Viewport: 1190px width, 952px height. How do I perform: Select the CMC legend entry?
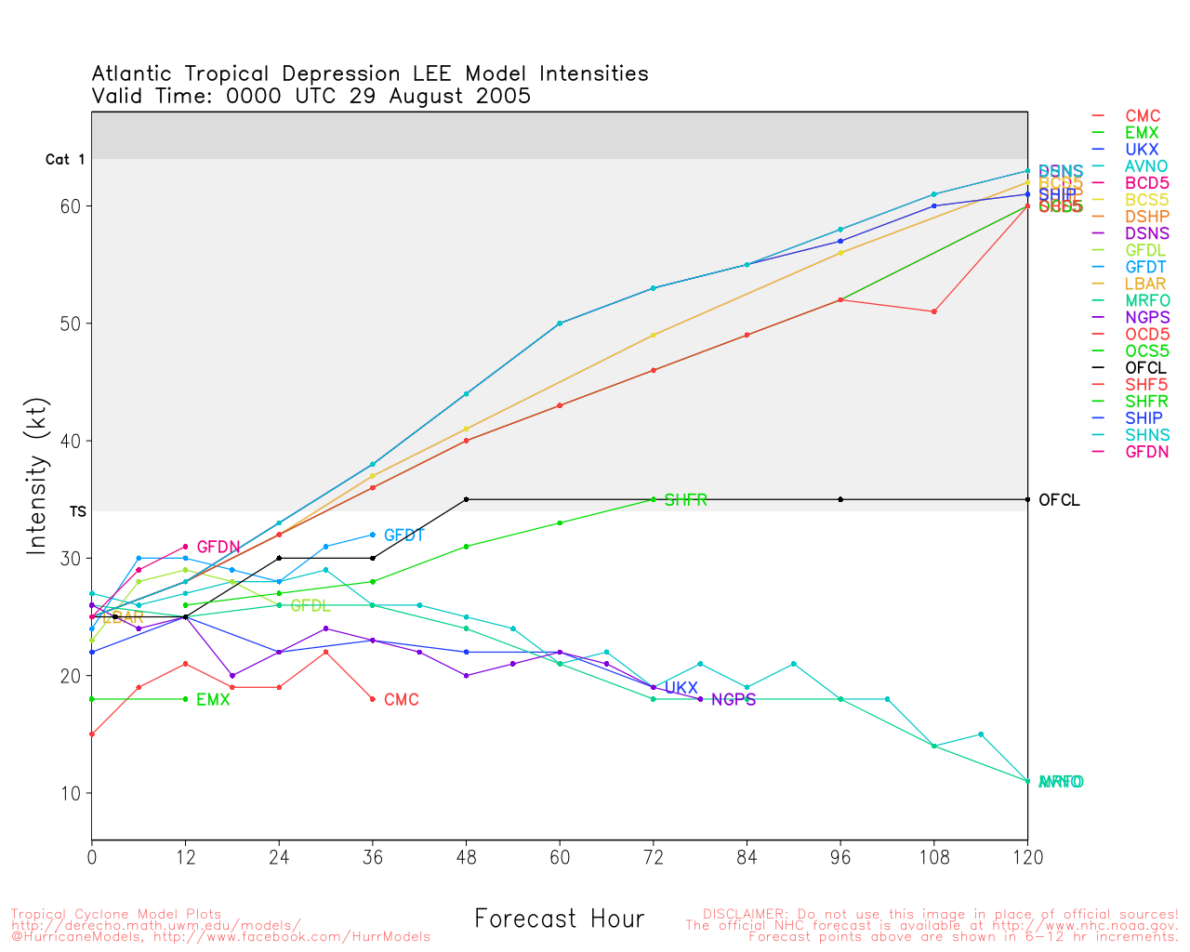pos(1143,117)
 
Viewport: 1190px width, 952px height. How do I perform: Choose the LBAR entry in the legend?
pos(1145,284)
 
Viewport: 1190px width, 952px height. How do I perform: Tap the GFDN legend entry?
pos(1146,452)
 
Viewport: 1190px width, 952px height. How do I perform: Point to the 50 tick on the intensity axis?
pos(72,324)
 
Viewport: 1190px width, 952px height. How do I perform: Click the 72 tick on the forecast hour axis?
pos(654,858)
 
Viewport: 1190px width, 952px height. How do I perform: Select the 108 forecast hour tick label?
pos(934,858)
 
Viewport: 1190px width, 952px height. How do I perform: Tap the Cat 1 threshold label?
pos(65,160)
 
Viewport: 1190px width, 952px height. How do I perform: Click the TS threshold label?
pos(77,511)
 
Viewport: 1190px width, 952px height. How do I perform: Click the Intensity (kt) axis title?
pos(36,477)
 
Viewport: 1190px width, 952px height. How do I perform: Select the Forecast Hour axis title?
pos(559,919)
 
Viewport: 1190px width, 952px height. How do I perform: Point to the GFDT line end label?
pos(403,535)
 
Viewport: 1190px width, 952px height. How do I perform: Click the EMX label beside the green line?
pos(213,700)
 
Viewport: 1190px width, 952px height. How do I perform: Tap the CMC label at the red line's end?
pos(402,700)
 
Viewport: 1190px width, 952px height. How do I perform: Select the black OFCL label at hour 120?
pos(1059,500)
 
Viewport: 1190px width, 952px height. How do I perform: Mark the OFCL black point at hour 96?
pos(840,499)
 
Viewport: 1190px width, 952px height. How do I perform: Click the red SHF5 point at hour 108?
pos(933,311)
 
